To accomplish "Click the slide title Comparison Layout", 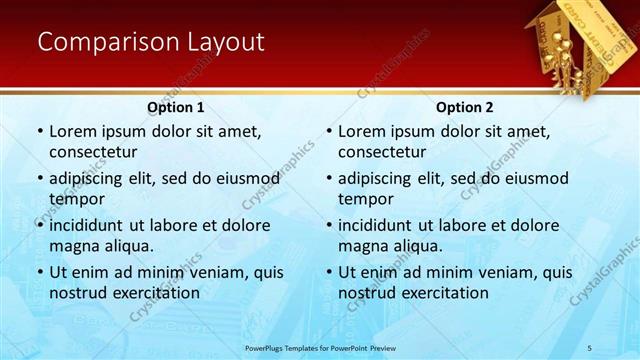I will (150, 42).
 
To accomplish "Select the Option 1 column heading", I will (176, 107).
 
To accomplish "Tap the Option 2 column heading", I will (465, 107).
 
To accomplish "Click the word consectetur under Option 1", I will (93, 152).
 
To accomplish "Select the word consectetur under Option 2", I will (382, 152).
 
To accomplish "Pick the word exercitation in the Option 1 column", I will (154, 293).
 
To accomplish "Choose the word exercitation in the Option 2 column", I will (443, 293).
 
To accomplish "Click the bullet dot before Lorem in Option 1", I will (40, 132).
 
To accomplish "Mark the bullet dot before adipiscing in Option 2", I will (329, 179).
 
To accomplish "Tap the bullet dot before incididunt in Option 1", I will (40, 226).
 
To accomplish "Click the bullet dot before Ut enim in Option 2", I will (329, 272).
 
